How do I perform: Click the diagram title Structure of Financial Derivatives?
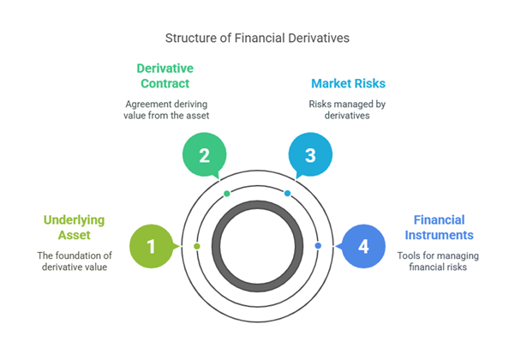[257, 39]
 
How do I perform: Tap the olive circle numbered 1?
[152, 246]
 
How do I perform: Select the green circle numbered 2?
[205, 155]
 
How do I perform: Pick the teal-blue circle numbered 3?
[310, 155]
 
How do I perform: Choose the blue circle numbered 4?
[363, 246]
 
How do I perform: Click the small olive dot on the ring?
[197, 246]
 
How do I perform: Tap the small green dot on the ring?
[226, 194]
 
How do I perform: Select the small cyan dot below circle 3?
[288, 194]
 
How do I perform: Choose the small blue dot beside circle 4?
[318, 246]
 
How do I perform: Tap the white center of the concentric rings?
[257, 246]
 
